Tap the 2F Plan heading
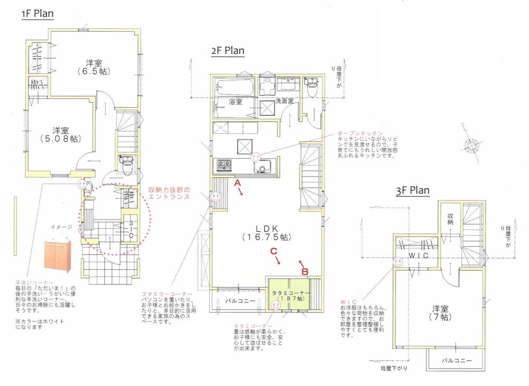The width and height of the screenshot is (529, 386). click(x=227, y=51)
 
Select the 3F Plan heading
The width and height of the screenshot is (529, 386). click(x=413, y=190)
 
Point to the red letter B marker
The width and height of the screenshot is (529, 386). click(x=305, y=271)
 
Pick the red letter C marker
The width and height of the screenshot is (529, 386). click(x=274, y=252)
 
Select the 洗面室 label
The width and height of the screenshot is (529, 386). click(x=284, y=100)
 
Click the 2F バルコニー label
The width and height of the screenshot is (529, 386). click(x=241, y=301)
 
